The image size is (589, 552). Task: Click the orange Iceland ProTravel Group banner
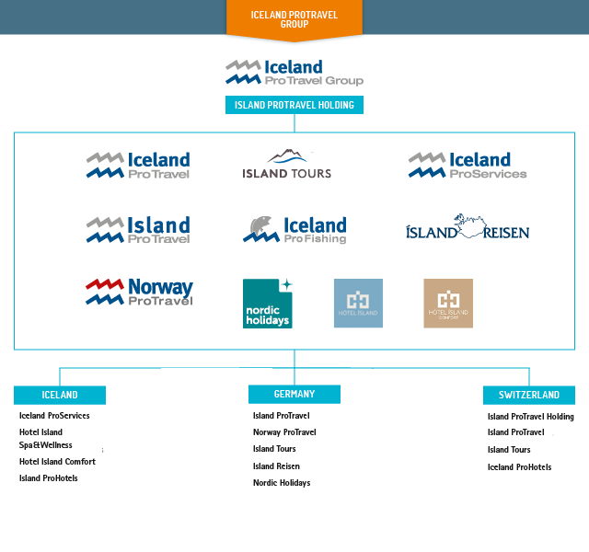[x=294, y=19]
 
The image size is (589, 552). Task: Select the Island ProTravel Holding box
[x=294, y=105]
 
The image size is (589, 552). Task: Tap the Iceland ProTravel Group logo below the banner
[x=294, y=73]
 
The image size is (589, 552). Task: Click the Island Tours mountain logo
[x=287, y=165]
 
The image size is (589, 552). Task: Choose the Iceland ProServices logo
[x=468, y=166]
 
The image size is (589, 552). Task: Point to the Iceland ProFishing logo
[x=294, y=230]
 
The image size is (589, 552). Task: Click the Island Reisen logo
[x=468, y=228]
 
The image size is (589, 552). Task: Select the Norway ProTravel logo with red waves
[x=139, y=292]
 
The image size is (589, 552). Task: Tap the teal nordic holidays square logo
[x=267, y=304]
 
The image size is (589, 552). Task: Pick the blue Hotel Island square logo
[x=358, y=304]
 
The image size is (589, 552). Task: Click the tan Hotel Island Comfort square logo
[x=448, y=304]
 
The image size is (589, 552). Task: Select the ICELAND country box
[x=60, y=395]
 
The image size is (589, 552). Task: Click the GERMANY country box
[x=294, y=394]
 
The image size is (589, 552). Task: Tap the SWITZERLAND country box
[x=529, y=395]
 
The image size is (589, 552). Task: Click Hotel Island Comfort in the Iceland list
[x=57, y=462]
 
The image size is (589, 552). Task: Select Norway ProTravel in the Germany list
[x=284, y=432]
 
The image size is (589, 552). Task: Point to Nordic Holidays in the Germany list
[x=282, y=483]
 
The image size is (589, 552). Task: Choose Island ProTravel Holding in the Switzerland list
[x=531, y=417]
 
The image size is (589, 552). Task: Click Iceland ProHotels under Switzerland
[x=520, y=467]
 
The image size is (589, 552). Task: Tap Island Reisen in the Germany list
[x=276, y=466]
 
